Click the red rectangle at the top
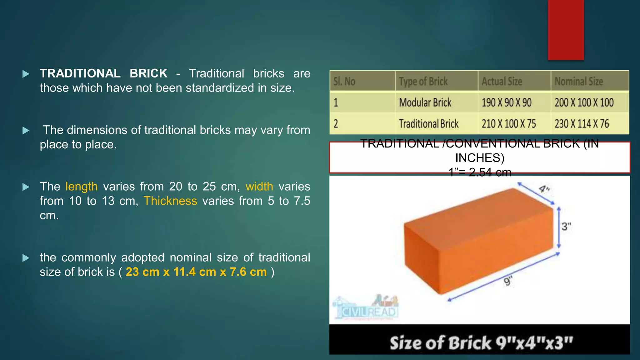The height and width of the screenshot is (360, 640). [x=566, y=30]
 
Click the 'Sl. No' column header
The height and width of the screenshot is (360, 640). [x=344, y=82]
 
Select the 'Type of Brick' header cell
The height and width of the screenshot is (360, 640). [x=423, y=82]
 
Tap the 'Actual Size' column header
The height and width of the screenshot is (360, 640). [x=502, y=82]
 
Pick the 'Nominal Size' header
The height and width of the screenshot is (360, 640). [x=579, y=82]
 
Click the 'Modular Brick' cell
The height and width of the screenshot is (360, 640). [x=425, y=102]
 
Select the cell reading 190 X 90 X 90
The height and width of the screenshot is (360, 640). [x=507, y=102]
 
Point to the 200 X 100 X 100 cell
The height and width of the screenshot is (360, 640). [x=584, y=102]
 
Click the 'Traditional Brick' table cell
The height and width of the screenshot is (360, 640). [x=429, y=124]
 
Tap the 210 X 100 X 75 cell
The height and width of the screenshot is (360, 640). [x=509, y=124]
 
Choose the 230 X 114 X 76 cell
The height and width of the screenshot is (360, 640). [x=582, y=124]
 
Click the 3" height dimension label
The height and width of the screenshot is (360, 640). [x=566, y=227]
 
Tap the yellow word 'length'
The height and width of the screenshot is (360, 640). [x=82, y=187]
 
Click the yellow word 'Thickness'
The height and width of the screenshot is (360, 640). [x=170, y=201]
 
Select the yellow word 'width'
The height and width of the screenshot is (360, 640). [x=259, y=187]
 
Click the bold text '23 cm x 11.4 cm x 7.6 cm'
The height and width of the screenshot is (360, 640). [x=196, y=272]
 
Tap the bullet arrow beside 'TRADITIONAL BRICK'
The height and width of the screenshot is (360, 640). [x=26, y=74]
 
